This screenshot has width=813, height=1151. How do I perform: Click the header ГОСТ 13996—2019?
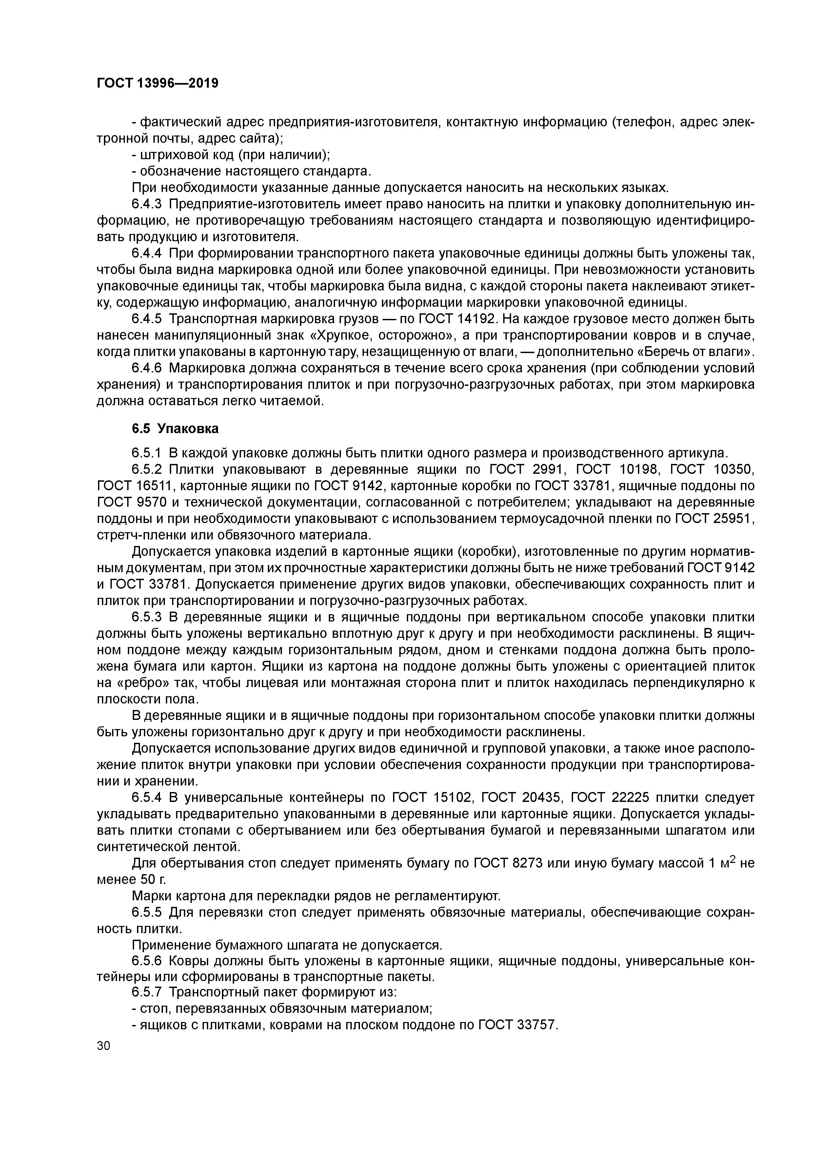(157, 83)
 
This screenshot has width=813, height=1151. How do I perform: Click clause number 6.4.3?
(148, 204)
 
